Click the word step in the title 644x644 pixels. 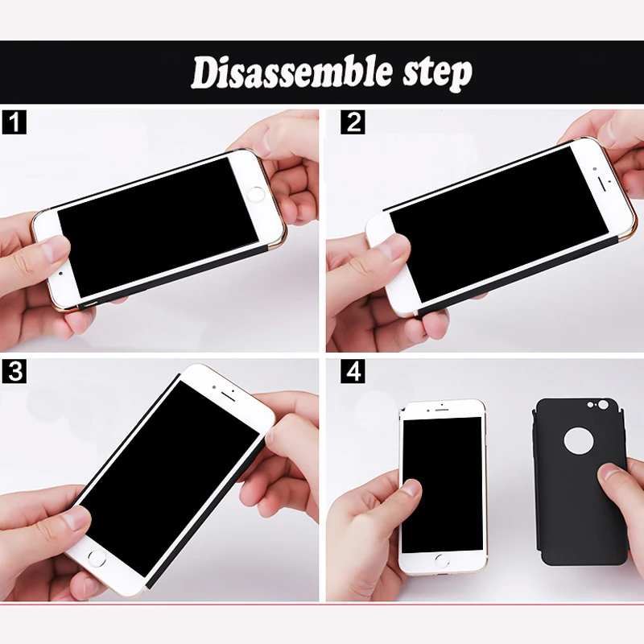click(x=437, y=74)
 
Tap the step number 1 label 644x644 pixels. click(x=14, y=122)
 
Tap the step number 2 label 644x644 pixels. click(x=353, y=122)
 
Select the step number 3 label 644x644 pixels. click(x=14, y=371)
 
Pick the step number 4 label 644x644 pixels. click(x=353, y=371)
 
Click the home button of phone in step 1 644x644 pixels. click(x=256, y=194)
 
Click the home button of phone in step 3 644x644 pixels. click(x=97, y=559)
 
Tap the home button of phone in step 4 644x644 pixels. click(x=442, y=560)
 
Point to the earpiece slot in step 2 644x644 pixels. click(x=602, y=184)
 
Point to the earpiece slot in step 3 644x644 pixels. click(x=228, y=396)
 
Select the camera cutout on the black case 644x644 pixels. click(x=602, y=405)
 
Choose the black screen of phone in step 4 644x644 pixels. click(x=442, y=485)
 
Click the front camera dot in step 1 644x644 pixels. click(x=61, y=274)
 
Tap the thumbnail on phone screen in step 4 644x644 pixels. click(x=411, y=488)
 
